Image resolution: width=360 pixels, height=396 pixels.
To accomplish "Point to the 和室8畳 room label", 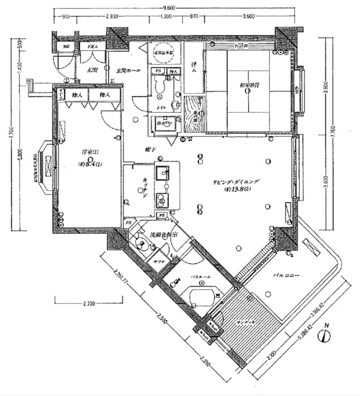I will (247, 85).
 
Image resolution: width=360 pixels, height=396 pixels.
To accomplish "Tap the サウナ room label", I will (157, 262).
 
